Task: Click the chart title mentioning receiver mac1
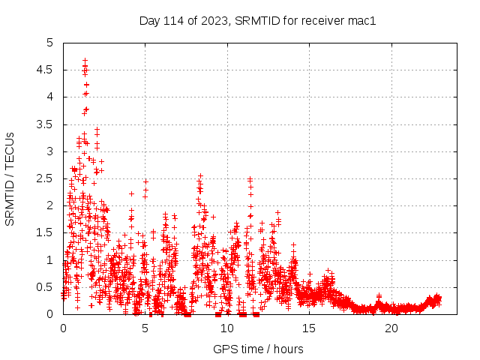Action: coord(256,20)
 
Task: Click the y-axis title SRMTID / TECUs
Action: coord(10,178)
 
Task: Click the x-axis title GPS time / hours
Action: coord(258,349)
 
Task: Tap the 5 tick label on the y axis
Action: coord(49,43)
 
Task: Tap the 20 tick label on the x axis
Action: coord(391,328)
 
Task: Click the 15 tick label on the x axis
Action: coord(310,328)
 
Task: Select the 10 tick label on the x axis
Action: coord(227,328)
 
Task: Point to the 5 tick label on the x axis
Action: coord(145,328)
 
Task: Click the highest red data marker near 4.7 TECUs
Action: coord(85,60)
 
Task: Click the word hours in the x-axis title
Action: coord(288,349)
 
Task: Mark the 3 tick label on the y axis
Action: coord(49,151)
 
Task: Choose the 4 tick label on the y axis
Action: coord(49,97)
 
